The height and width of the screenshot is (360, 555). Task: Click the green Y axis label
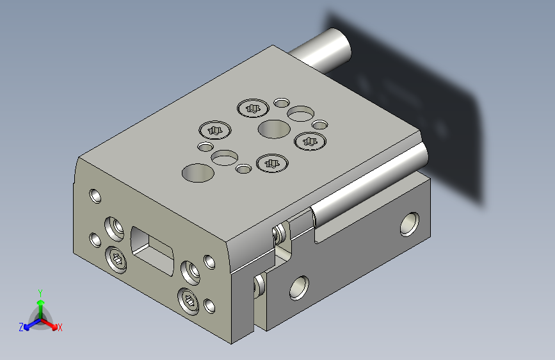[x=40, y=293]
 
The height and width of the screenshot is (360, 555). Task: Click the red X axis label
[x=60, y=327]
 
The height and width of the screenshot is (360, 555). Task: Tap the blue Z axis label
[x=21, y=327]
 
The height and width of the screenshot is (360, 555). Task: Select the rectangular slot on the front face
[x=152, y=250]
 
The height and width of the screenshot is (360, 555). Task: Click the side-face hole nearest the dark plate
[x=410, y=224]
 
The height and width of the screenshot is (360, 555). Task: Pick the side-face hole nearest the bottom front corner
[x=299, y=288]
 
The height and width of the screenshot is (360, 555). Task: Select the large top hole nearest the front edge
[x=198, y=173]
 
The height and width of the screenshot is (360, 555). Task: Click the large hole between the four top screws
[x=275, y=129]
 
